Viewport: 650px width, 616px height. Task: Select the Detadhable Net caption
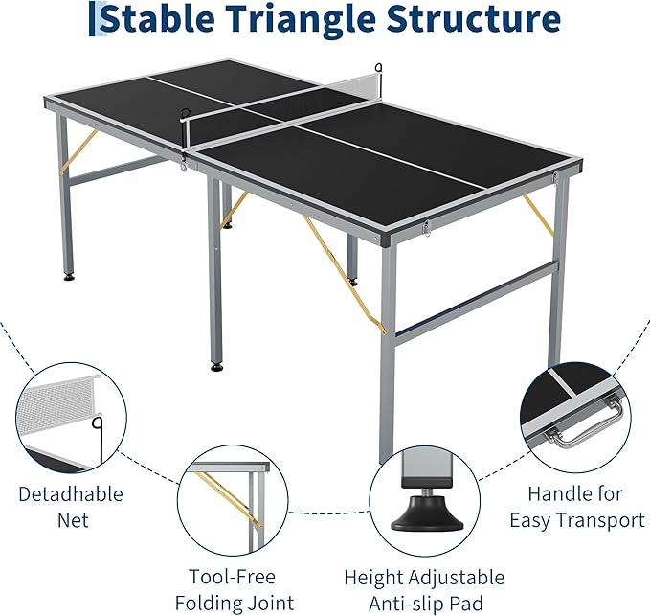pos(72,507)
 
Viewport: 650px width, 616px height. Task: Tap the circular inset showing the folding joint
pos(229,498)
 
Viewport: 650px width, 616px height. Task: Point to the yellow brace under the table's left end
pos(78,154)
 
